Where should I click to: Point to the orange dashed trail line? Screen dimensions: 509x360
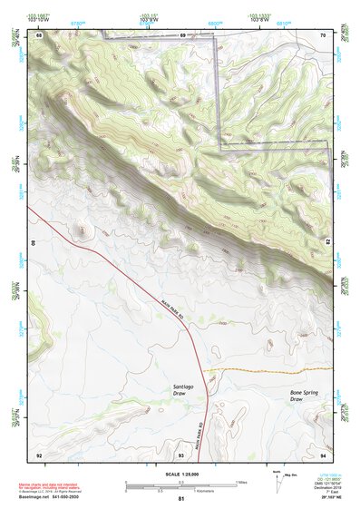tap(272, 370)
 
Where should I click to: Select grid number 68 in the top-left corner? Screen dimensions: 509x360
tap(38, 35)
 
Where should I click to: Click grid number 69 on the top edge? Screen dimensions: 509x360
tap(182, 35)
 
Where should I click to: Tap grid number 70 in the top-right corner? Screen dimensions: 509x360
tap(323, 35)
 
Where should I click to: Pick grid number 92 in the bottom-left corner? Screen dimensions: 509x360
tap(38, 454)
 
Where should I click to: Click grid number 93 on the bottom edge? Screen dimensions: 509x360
tap(181, 454)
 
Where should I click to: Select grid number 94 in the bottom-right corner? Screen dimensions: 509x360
tap(323, 454)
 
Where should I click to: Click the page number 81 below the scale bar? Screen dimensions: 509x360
tap(181, 499)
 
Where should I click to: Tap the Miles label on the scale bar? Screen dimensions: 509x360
tap(240, 482)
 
